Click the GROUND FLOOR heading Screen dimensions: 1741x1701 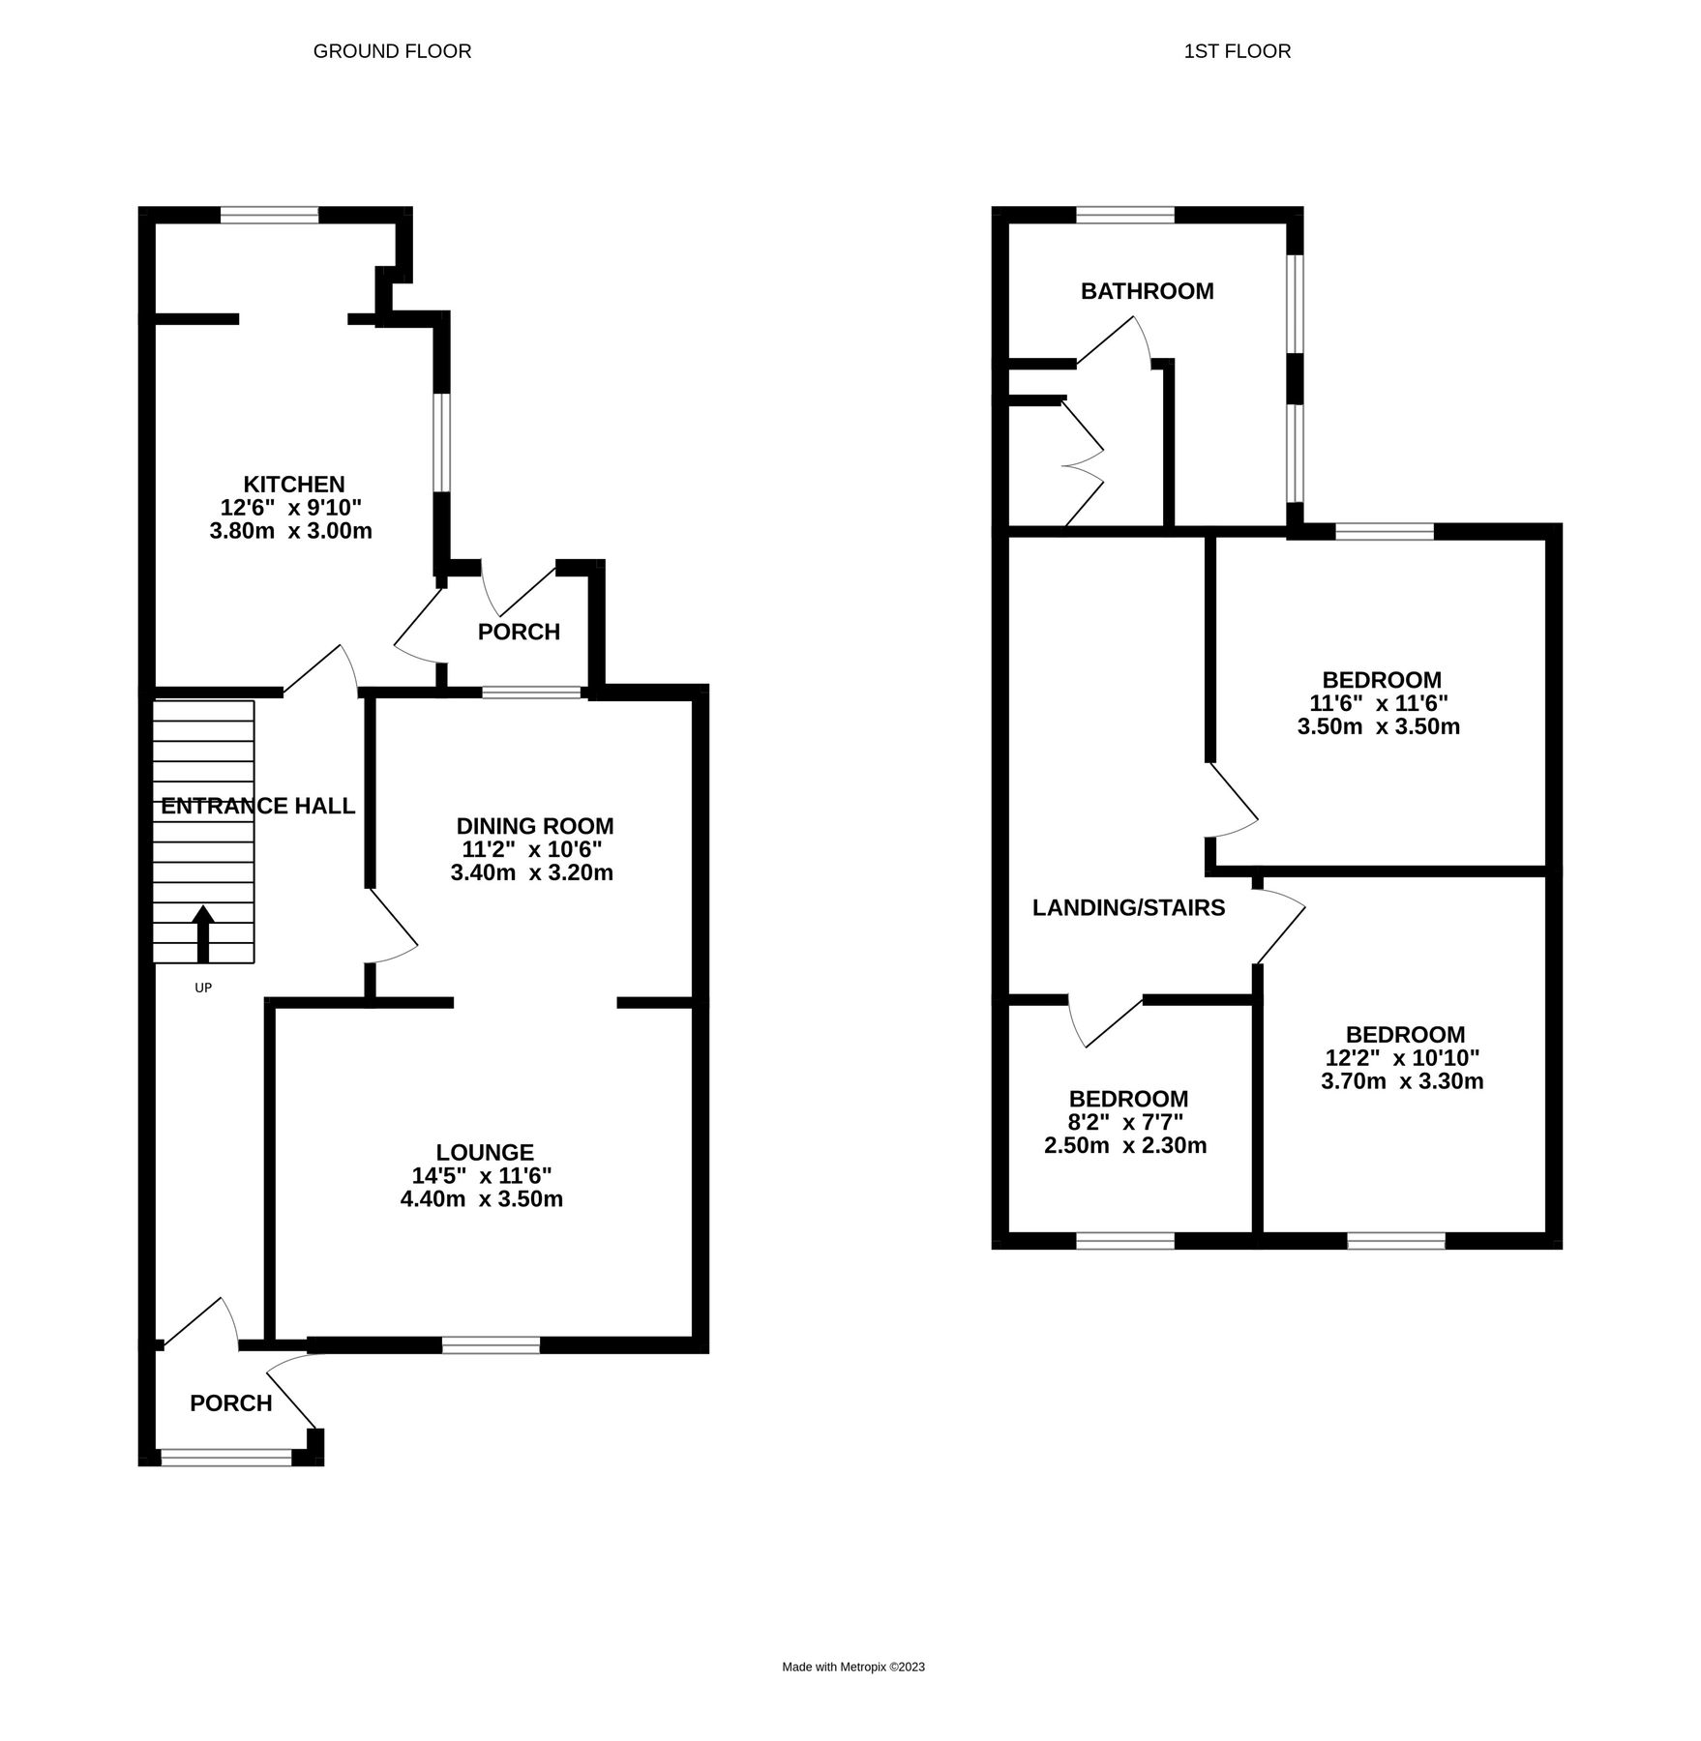(392, 51)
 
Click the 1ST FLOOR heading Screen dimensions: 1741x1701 (1237, 51)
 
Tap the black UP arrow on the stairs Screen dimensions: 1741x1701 (203, 933)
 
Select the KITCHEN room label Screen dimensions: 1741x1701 (293, 484)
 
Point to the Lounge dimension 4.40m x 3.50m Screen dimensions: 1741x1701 (481, 1199)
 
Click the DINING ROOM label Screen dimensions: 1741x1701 (534, 826)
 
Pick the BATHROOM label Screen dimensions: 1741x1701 (1147, 291)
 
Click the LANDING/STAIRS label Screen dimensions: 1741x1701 (1128, 907)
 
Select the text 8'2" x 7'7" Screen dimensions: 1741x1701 (1127, 1122)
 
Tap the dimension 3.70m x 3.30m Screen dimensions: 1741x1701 (1401, 1081)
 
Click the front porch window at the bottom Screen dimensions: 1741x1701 (225, 1457)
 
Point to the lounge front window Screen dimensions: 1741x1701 (491, 1344)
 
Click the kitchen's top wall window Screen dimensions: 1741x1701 (269, 215)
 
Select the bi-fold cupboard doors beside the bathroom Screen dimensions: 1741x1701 (1084, 464)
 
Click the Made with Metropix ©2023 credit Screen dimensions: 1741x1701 (852, 1667)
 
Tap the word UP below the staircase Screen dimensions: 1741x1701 (203, 988)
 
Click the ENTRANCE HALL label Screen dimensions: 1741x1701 (257, 806)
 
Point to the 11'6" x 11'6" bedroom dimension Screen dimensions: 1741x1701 (1378, 703)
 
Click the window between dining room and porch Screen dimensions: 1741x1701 (531, 692)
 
